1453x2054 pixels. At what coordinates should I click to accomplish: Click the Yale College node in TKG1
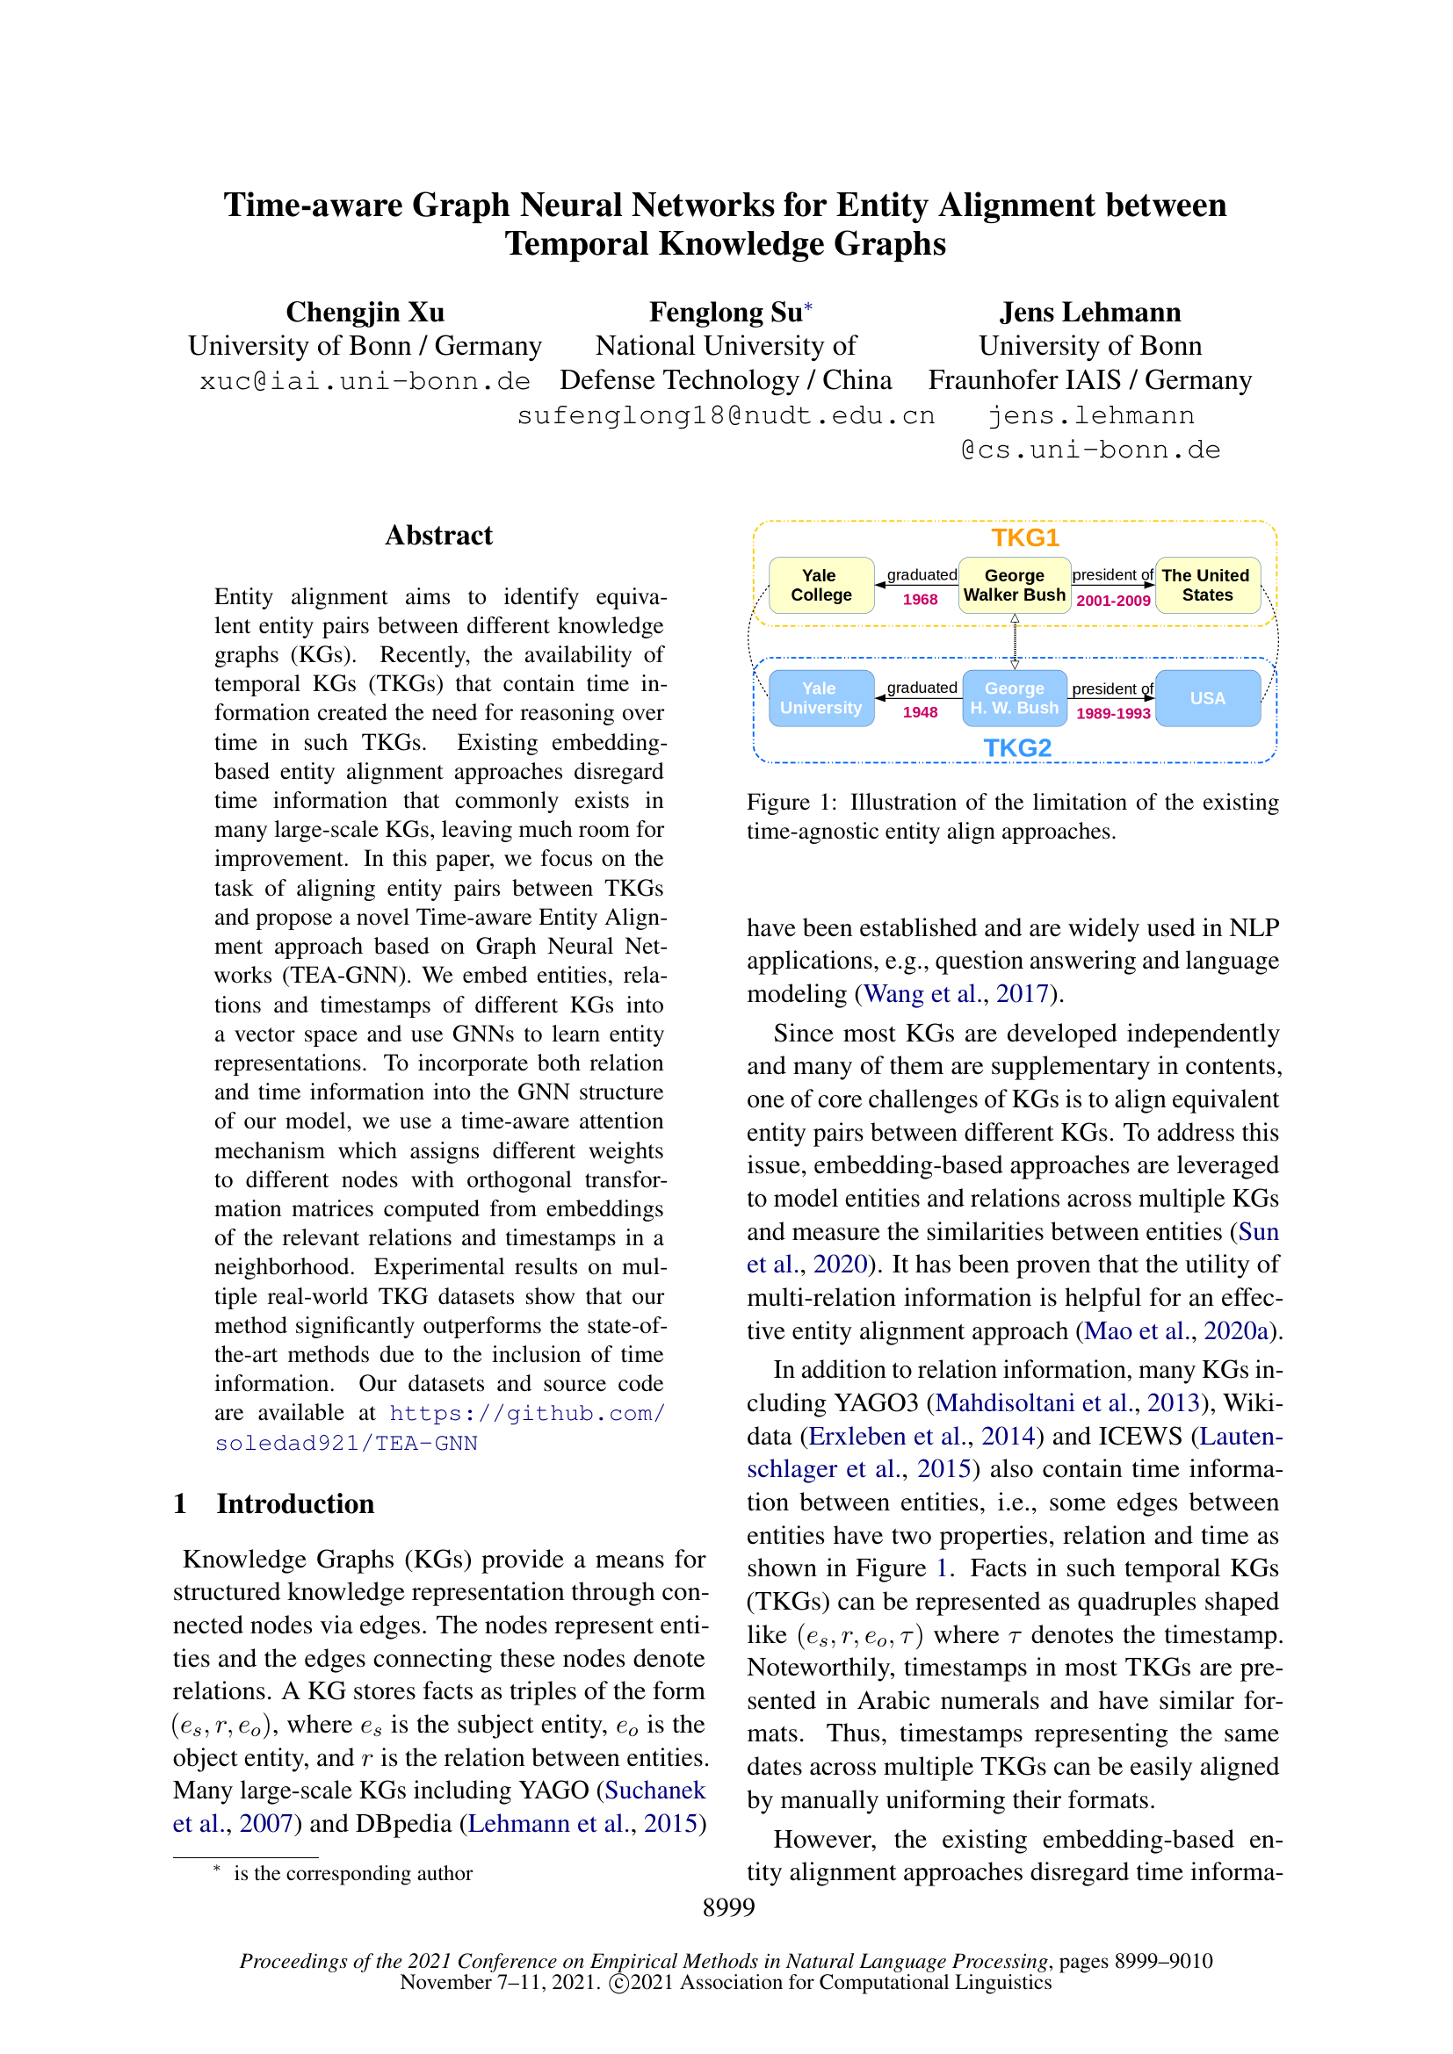820,585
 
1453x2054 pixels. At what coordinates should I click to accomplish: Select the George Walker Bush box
1014,585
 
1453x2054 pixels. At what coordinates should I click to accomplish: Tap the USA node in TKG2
1207,698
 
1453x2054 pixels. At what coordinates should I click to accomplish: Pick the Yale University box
820,698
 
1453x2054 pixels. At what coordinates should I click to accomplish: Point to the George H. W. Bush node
1014,698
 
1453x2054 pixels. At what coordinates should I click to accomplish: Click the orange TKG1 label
1024,537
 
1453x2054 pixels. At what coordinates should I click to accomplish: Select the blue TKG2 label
1017,748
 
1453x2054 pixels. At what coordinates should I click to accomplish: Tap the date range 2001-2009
1113,601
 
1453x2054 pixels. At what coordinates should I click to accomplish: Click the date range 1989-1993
1113,713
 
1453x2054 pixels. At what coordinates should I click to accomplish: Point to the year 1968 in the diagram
920,600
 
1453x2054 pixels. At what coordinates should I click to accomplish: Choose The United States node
1207,585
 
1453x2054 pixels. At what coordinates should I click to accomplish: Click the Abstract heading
438,535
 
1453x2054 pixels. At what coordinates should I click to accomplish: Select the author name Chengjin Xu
365,313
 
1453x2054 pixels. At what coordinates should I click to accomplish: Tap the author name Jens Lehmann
1089,313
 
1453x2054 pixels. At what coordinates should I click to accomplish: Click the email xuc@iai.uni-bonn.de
365,381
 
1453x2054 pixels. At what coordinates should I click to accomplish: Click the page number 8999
728,1907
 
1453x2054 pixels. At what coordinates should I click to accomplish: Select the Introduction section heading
294,1503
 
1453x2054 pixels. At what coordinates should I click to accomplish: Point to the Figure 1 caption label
791,803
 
